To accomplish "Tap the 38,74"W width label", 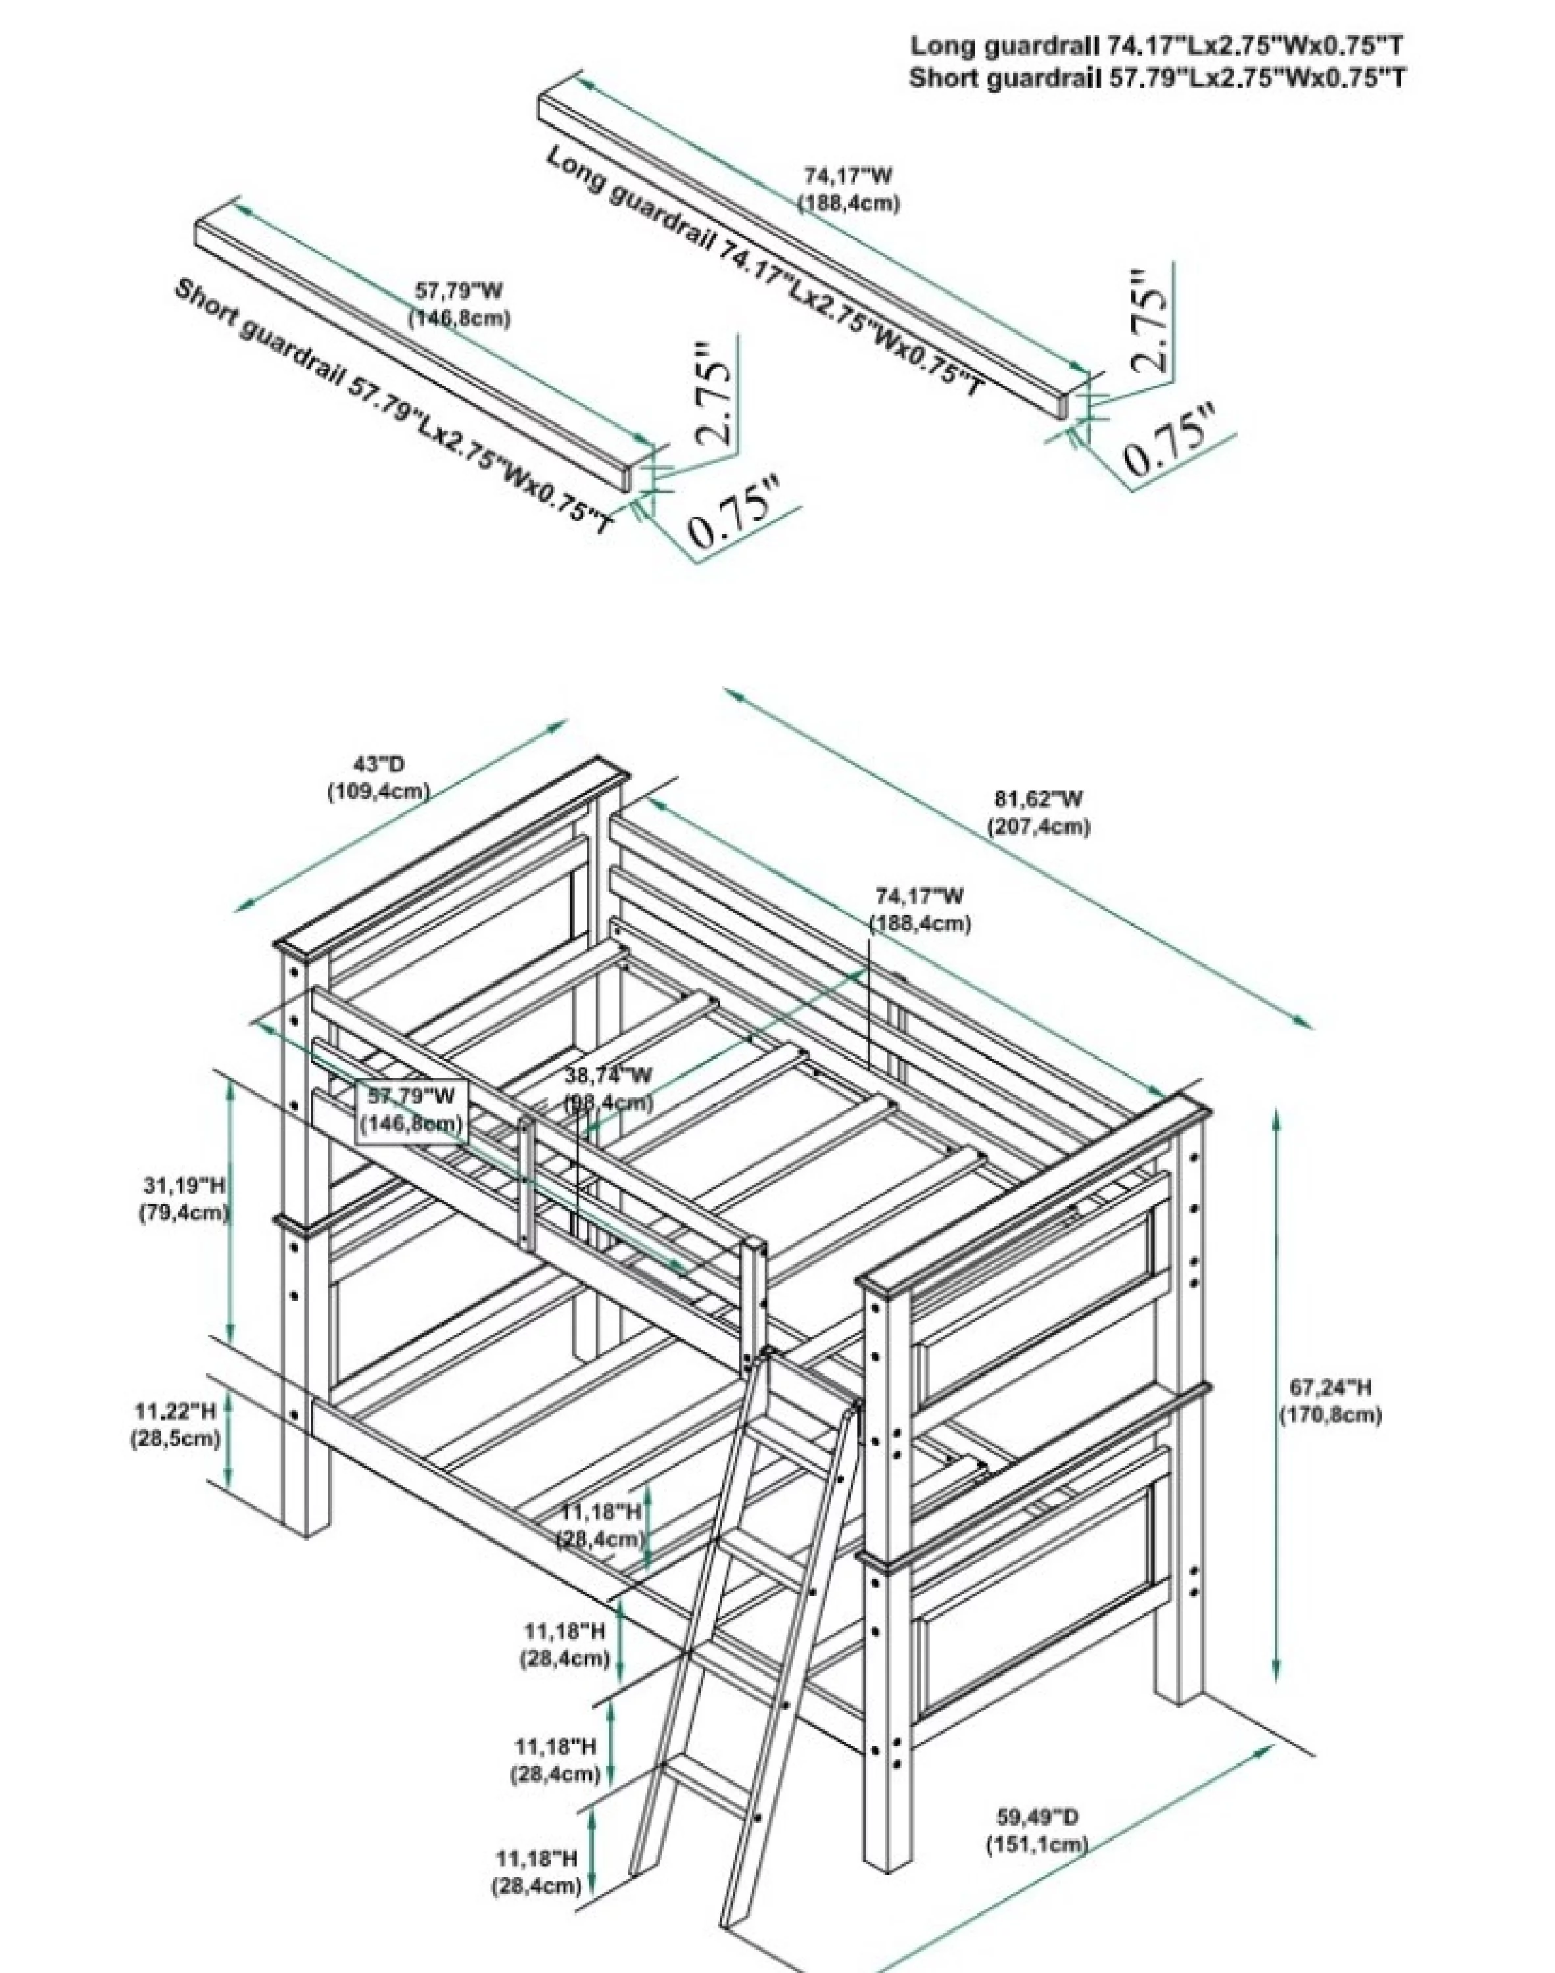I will pos(608,1075).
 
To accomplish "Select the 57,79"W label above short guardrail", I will pos(459,291).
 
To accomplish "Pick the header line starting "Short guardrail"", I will pos(1157,78).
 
